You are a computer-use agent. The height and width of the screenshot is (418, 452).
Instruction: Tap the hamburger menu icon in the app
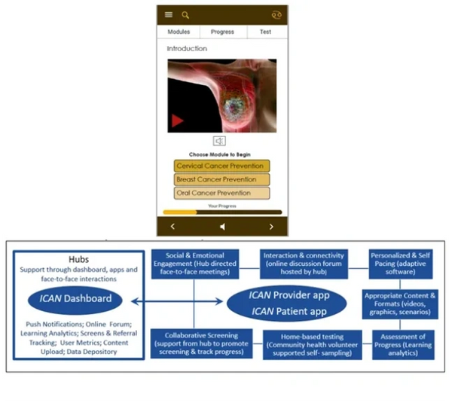169,15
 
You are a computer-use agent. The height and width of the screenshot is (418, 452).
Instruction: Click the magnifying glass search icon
185,15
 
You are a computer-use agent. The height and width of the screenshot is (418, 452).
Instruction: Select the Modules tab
179,32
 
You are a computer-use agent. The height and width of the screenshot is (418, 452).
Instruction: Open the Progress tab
222,32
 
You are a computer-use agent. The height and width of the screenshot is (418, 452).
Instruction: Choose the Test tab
265,32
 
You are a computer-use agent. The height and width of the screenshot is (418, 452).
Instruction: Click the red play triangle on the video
178,121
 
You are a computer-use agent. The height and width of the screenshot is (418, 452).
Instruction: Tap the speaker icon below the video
219,141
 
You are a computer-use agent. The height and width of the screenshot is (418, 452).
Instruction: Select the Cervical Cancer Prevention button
221,166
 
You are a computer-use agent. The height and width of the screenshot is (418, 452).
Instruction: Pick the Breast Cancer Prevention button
221,179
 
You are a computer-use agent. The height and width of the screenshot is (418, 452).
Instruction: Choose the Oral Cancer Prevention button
221,194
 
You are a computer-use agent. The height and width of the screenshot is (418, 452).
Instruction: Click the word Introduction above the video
187,49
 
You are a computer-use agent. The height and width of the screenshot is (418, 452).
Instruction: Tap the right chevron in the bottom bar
271,227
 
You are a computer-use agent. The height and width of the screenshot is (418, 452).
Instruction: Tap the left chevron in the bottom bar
172,227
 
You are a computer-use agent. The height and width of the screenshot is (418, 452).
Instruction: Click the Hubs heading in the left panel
78,258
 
